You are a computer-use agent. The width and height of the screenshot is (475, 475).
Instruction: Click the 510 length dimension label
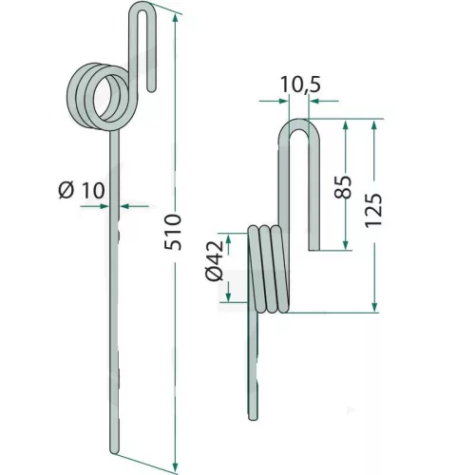[173, 232]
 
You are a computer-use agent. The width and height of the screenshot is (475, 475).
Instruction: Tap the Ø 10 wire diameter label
[82, 190]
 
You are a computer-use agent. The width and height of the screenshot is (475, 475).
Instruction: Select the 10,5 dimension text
[300, 85]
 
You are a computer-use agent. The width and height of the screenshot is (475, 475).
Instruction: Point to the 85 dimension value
[343, 187]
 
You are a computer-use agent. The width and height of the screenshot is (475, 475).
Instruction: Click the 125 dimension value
[373, 210]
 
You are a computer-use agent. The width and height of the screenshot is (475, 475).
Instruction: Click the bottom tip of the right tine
[253, 419]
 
